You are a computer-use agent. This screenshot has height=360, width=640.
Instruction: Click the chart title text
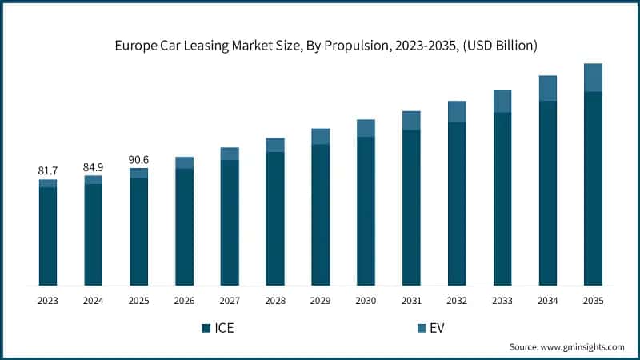pyautogui.click(x=319, y=46)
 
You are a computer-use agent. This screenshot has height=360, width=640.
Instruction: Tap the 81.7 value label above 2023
pyautogui.click(x=48, y=170)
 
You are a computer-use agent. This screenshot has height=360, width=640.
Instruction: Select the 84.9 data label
pyautogui.click(x=94, y=166)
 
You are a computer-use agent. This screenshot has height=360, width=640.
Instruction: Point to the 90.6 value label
pyautogui.click(x=139, y=159)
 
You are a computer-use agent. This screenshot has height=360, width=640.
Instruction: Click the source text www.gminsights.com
pyautogui.click(x=566, y=346)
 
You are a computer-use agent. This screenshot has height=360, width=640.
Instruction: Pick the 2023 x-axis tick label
pyautogui.click(x=48, y=301)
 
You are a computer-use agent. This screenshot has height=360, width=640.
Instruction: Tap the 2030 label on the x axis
pyautogui.click(x=366, y=301)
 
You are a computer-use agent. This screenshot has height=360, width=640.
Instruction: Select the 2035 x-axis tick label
pyautogui.click(x=593, y=301)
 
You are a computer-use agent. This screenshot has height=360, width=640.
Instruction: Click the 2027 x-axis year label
pyautogui.click(x=230, y=301)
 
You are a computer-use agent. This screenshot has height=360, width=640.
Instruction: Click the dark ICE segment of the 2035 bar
pyautogui.click(x=593, y=188)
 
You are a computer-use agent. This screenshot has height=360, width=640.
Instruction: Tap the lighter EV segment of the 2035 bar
pyautogui.click(x=593, y=78)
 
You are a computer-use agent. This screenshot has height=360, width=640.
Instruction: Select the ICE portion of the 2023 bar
pyautogui.click(x=48, y=236)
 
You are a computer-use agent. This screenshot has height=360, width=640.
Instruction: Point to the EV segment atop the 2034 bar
pyautogui.click(x=547, y=88)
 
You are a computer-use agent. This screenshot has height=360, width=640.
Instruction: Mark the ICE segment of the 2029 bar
pyautogui.click(x=321, y=214)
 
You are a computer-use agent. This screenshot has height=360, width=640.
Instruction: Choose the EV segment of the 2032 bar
pyautogui.click(x=457, y=111)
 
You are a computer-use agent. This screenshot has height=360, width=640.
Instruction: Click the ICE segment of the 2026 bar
pyautogui.click(x=184, y=226)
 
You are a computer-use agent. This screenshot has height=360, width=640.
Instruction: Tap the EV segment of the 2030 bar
pyautogui.click(x=366, y=128)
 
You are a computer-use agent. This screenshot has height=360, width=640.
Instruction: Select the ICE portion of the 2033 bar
pyautogui.click(x=502, y=198)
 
